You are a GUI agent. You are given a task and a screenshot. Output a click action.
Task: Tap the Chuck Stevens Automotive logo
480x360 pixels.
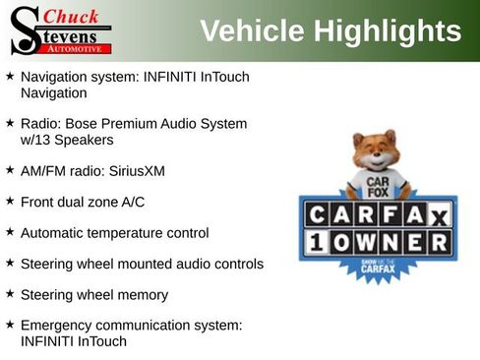(59, 30)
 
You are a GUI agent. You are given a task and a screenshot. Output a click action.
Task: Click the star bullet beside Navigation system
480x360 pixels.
(10, 76)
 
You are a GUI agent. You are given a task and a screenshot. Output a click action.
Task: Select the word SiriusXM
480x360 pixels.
(137, 171)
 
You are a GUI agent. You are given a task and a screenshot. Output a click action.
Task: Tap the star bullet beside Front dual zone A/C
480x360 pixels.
(10, 202)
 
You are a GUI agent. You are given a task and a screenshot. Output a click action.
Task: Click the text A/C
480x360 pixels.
(131, 203)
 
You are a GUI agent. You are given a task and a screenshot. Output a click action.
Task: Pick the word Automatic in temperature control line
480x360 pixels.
(53, 233)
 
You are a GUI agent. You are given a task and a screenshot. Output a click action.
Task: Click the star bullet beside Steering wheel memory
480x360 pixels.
(10, 294)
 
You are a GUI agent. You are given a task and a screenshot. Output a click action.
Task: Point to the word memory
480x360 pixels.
(142, 295)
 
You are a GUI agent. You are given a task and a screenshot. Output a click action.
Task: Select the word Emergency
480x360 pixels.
(58, 325)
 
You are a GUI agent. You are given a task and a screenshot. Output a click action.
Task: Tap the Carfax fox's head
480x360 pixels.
(375, 153)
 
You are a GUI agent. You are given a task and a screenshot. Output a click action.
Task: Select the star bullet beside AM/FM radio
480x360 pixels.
(10, 170)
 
